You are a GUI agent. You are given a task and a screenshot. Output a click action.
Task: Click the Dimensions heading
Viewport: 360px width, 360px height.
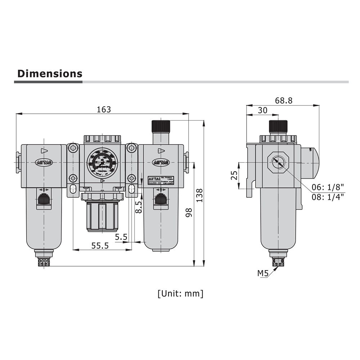(x=50, y=73)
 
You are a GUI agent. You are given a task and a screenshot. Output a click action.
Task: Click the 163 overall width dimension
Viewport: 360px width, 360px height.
(x=104, y=109)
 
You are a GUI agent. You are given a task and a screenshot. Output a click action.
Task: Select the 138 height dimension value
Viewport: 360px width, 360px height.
(x=199, y=195)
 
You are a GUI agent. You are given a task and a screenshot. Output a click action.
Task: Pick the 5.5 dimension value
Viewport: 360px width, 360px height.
(x=121, y=237)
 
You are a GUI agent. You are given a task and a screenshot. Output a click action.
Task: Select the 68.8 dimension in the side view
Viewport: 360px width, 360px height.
(x=284, y=101)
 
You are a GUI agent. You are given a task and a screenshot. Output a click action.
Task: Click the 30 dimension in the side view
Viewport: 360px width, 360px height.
(x=263, y=111)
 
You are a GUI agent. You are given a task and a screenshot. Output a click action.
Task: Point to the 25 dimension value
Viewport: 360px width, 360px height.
(x=234, y=176)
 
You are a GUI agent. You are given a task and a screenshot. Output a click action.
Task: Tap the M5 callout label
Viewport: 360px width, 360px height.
(x=263, y=274)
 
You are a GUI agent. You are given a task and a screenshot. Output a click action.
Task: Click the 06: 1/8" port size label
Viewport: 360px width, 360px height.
(x=328, y=187)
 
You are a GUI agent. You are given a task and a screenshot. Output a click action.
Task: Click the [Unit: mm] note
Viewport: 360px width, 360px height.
(x=180, y=293)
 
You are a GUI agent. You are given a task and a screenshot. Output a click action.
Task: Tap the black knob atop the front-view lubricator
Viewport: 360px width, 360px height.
(x=161, y=126)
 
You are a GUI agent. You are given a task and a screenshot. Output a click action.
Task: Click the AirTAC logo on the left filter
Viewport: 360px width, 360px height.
(x=44, y=162)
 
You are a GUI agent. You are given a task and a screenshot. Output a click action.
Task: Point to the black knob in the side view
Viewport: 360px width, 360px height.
(x=278, y=126)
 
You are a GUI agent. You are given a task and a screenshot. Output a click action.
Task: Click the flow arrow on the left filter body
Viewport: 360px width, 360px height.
(x=44, y=151)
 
